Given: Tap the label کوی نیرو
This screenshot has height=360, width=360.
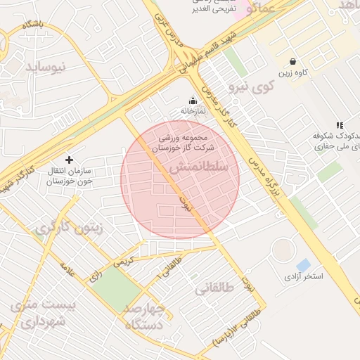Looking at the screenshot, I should (x=250, y=88).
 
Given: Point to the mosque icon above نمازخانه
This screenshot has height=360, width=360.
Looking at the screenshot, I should (x=193, y=101).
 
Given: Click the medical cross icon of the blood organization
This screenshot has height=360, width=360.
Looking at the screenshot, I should (x=69, y=160).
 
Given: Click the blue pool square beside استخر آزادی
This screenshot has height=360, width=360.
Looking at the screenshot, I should (x=303, y=265).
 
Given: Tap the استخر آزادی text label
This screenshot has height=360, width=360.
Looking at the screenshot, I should (x=303, y=277).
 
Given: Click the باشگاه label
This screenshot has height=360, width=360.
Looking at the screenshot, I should (x=32, y=25).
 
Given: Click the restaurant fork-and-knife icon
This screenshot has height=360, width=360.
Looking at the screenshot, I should (x=340, y=124).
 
